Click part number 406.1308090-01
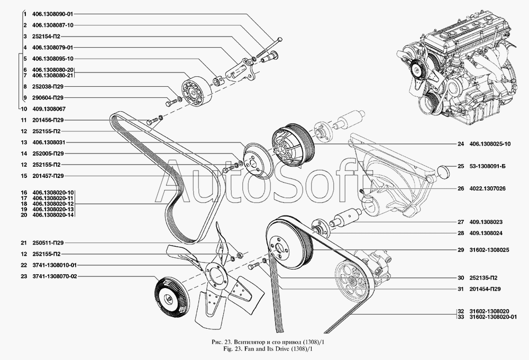pos(52,14)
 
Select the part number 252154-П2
pos(46,37)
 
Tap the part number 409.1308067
pos(49,109)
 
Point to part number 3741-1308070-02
pos(54,276)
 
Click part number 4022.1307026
pos(488,188)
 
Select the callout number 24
pos(461,144)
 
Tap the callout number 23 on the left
pos(24,276)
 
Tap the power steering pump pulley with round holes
pos(353,280)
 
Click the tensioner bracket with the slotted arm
pos(242,71)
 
